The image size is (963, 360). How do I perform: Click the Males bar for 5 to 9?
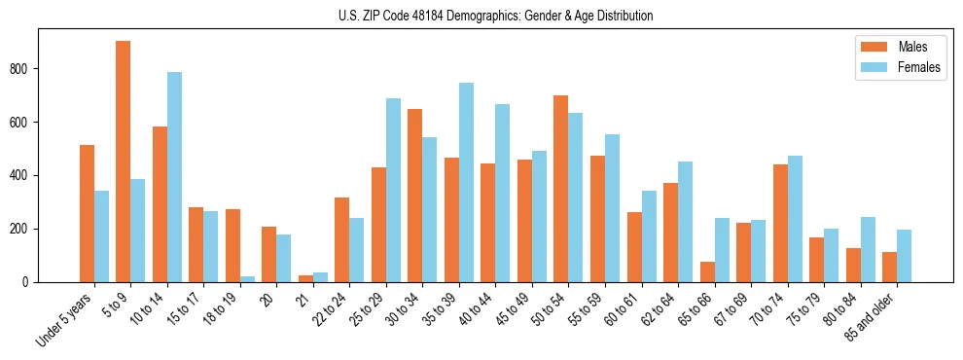point(124,162)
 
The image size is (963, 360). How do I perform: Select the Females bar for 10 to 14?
point(174,177)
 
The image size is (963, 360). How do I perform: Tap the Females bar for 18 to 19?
point(247,279)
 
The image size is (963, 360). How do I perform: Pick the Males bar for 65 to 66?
point(707,271)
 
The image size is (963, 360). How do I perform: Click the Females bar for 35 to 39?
point(466,182)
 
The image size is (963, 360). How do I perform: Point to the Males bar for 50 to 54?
point(561,189)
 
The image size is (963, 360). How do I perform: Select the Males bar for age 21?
point(305,278)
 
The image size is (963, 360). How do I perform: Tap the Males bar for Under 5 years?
point(87,213)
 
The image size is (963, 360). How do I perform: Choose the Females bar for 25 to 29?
point(393,190)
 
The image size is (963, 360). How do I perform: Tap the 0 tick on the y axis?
point(31,282)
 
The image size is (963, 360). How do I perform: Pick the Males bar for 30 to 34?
point(415,196)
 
